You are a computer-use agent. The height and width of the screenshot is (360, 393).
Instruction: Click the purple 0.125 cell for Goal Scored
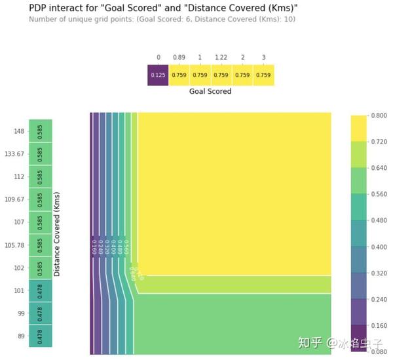click(158, 75)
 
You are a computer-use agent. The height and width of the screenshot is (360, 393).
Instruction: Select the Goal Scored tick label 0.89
click(179, 58)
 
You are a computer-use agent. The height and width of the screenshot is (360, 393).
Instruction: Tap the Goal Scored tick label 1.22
click(221, 58)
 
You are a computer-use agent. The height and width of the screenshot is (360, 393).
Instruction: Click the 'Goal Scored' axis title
click(210, 92)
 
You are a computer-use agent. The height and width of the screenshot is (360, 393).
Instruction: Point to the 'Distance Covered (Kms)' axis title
click(57, 234)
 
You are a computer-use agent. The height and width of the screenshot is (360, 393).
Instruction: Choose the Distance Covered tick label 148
click(18, 131)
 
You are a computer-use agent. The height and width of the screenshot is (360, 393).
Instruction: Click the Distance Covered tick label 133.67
click(14, 154)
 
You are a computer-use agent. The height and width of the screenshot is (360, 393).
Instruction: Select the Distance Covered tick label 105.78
click(14, 245)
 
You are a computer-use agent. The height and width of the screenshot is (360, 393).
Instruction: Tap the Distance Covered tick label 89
click(20, 336)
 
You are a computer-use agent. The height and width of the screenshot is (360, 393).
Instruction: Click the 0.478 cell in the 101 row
click(41, 290)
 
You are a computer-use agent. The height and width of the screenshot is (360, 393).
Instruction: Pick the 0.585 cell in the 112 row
click(41, 176)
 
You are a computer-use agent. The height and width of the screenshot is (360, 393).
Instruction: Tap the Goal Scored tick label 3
click(263, 58)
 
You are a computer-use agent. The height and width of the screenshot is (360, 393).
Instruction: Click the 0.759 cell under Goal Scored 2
click(242, 75)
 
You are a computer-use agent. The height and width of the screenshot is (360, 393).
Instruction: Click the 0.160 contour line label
click(94, 247)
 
